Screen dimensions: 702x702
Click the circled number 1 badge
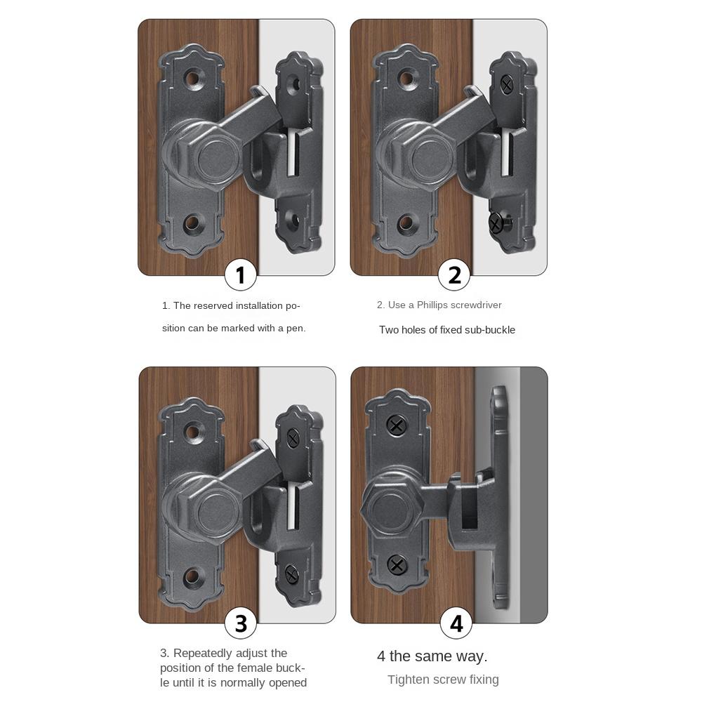(241, 274)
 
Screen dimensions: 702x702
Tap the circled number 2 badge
(454, 274)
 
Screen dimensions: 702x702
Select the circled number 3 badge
(241, 623)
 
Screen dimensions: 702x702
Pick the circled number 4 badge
(456, 623)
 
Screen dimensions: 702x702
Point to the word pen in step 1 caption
(294, 328)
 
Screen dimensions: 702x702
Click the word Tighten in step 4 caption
(409, 680)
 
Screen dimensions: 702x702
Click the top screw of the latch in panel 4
(397, 425)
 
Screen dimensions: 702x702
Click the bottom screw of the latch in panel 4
(397, 564)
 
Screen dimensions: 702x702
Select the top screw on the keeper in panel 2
(507, 85)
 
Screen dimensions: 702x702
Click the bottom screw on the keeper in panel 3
(292, 576)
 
